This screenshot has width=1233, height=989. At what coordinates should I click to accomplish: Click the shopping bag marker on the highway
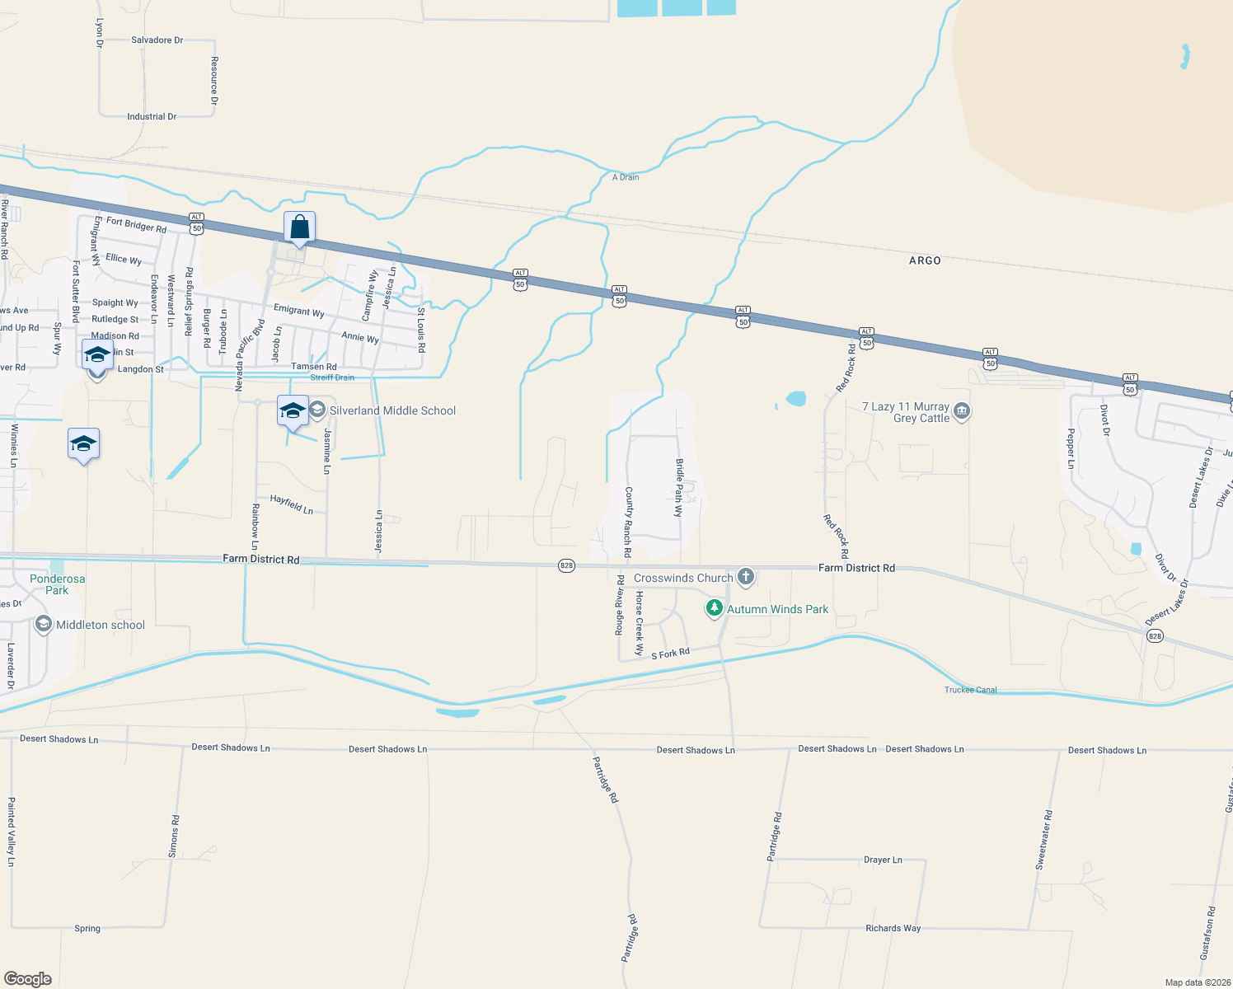(x=300, y=227)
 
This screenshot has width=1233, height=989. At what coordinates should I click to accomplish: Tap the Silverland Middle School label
(x=392, y=410)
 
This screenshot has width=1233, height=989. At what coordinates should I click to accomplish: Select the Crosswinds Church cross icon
(x=746, y=577)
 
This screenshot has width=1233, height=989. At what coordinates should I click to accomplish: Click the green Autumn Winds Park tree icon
(x=714, y=609)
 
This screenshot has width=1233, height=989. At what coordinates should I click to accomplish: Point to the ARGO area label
(x=925, y=260)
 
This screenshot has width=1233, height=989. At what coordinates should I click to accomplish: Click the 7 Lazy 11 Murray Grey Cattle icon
(x=961, y=411)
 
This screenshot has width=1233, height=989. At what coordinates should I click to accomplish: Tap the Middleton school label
(x=100, y=625)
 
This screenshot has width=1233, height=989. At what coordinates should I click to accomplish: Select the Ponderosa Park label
(x=57, y=584)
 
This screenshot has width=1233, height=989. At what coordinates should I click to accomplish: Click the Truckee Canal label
(x=970, y=690)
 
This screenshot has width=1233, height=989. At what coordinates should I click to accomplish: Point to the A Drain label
(x=626, y=177)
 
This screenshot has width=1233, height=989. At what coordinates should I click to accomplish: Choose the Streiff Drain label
(x=332, y=377)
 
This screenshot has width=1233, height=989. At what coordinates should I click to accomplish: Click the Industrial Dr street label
(x=152, y=117)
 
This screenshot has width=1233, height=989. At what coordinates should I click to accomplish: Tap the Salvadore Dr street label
(x=157, y=40)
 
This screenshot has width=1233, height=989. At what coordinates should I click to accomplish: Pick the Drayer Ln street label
(x=883, y=860)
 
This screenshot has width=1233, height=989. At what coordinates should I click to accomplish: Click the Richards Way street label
(x=893, y=928)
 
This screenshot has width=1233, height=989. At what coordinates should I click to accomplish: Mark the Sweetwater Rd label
(x=1044, y=840)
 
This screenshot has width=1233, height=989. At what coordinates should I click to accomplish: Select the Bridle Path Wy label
(x=679, y=487)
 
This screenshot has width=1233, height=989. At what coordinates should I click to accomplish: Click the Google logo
(x=28, y=979)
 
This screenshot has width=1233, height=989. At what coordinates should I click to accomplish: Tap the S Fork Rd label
(x=670, y=654)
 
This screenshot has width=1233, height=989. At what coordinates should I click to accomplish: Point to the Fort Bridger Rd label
(x=136, y=224)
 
